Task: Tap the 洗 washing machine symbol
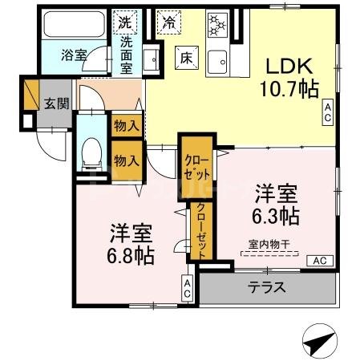127,20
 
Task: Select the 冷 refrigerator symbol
168,22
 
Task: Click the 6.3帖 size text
277,216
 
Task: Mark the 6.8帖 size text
131,256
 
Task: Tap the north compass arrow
319,340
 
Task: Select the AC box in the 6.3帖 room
319,261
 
